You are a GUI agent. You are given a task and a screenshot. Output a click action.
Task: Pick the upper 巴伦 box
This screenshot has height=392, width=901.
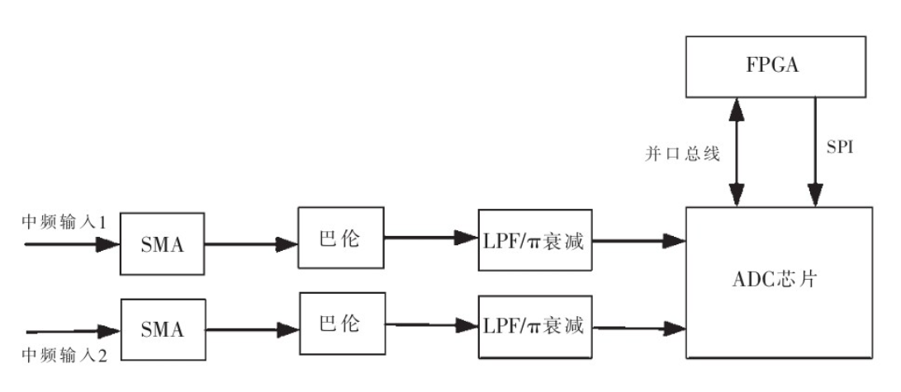click(339, 237)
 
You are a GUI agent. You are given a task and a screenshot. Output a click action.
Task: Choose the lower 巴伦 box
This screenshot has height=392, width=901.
click(339, 323)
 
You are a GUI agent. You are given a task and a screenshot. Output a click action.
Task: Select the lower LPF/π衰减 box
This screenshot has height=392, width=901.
click(535, 326)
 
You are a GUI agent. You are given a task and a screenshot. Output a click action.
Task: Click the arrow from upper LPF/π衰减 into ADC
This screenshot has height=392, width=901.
click(640, 242)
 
